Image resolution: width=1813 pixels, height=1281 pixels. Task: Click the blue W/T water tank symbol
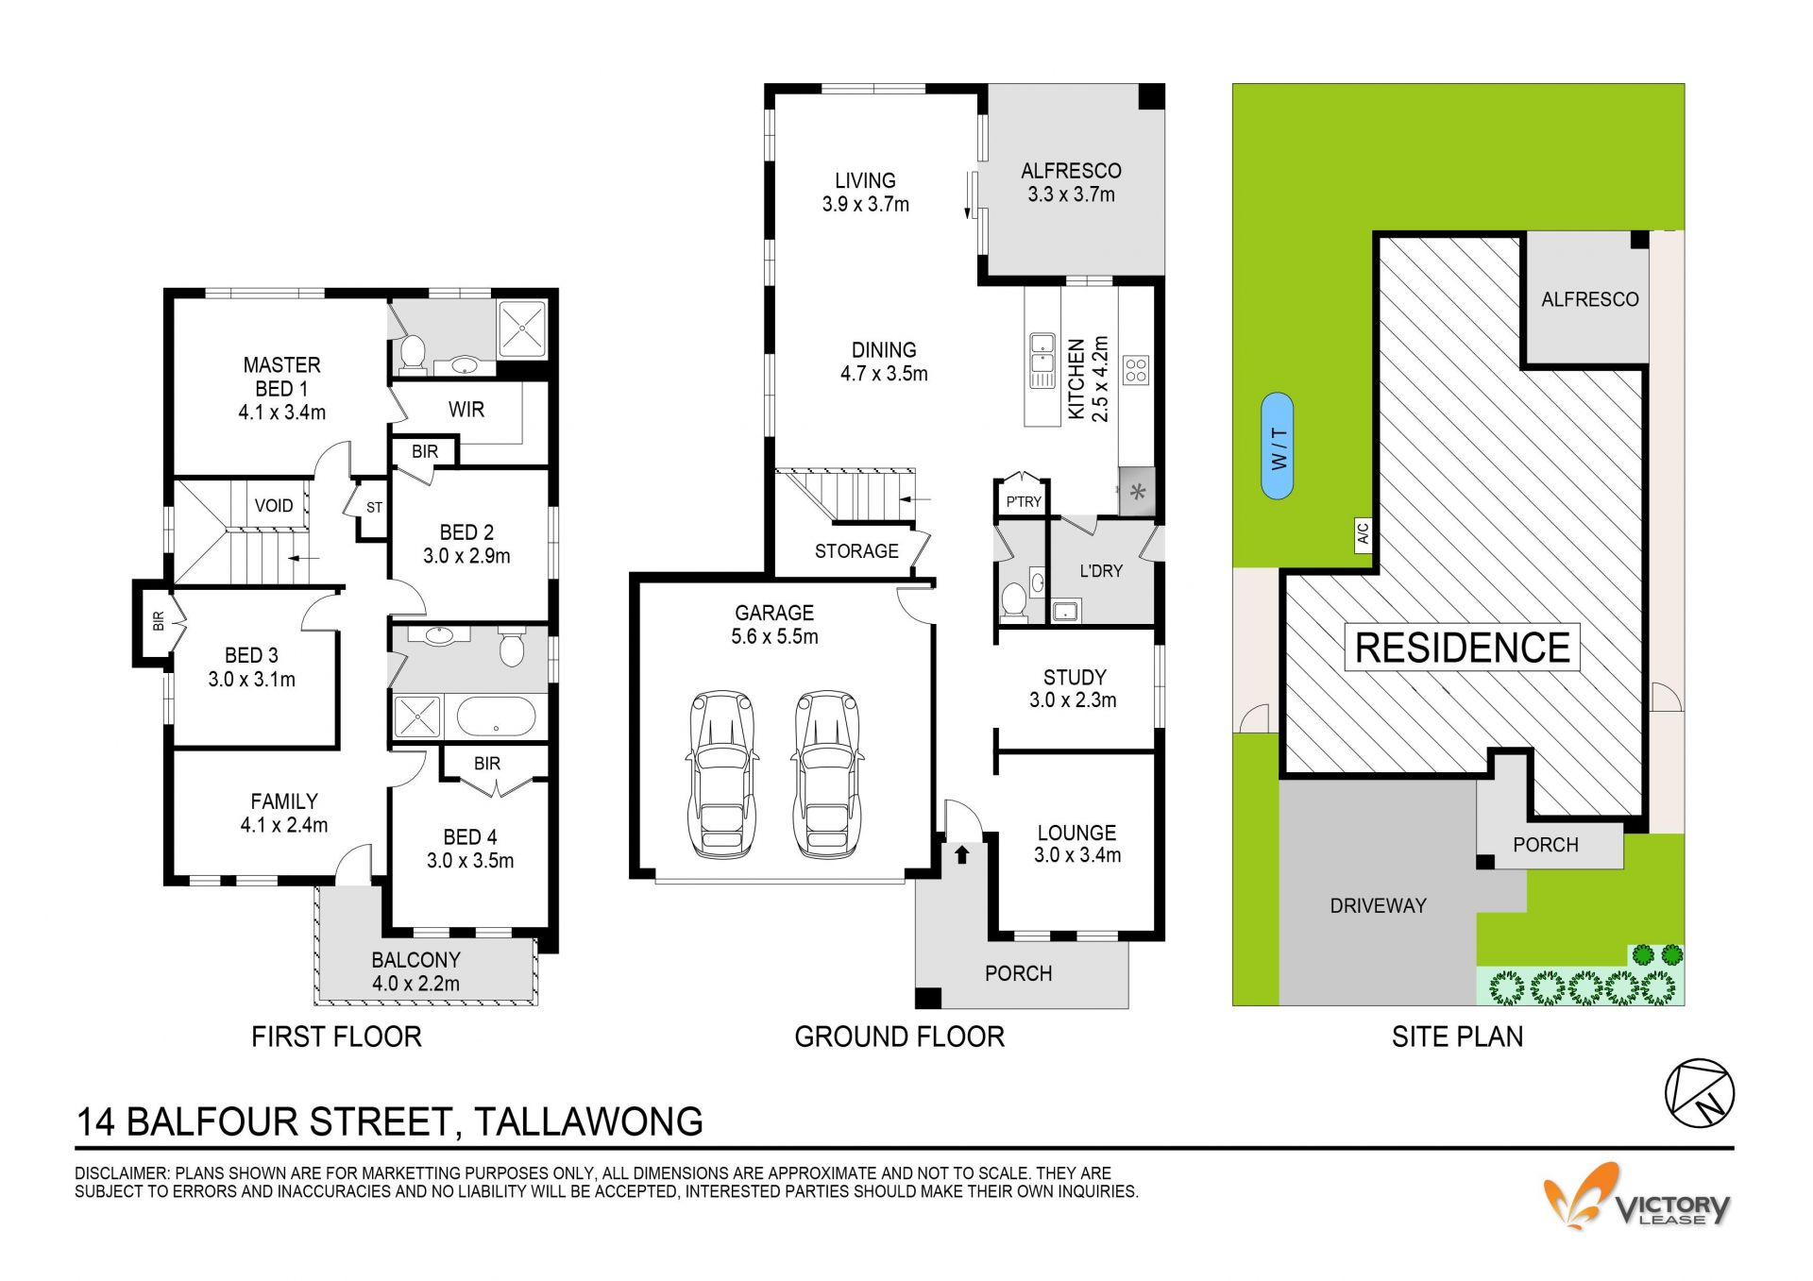(1278, 446)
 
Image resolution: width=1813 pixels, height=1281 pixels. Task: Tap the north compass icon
(1699, 1093)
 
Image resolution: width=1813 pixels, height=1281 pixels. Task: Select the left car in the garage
(723, 774)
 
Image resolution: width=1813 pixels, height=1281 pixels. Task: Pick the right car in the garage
(827, 774)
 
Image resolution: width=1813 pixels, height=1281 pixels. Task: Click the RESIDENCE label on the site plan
(1463, 648)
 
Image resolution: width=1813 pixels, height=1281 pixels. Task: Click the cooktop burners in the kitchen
(1136, 370)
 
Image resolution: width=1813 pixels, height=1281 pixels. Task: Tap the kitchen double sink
(1042, 361)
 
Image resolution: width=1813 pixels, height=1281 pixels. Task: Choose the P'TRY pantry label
(1024, 501)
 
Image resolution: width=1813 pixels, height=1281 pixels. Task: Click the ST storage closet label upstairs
(375, 508)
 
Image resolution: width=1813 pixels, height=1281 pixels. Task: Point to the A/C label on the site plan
(1363, 535)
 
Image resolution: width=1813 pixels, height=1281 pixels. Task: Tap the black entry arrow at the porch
(961, 854)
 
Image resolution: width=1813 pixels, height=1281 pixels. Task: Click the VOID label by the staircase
(274, 505)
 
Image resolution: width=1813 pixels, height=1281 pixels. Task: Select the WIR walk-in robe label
(466, 410)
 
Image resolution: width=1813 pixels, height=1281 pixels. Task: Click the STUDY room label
(1075, 677)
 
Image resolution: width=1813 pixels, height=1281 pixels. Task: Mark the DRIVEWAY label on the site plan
(1378, 905)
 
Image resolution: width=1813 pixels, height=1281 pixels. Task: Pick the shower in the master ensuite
(522, 329)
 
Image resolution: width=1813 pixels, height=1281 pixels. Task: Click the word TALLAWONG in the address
(588, 1121)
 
